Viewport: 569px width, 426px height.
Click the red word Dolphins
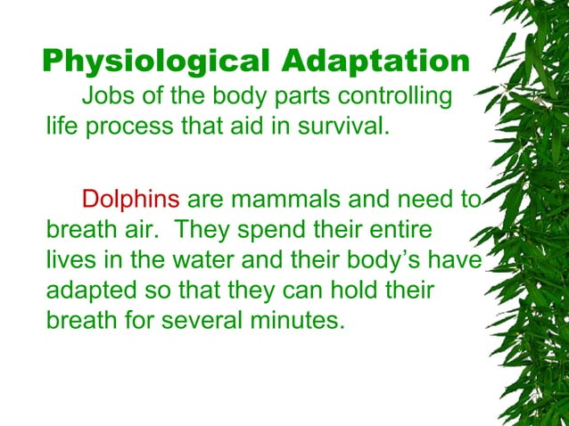coord(130,201)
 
